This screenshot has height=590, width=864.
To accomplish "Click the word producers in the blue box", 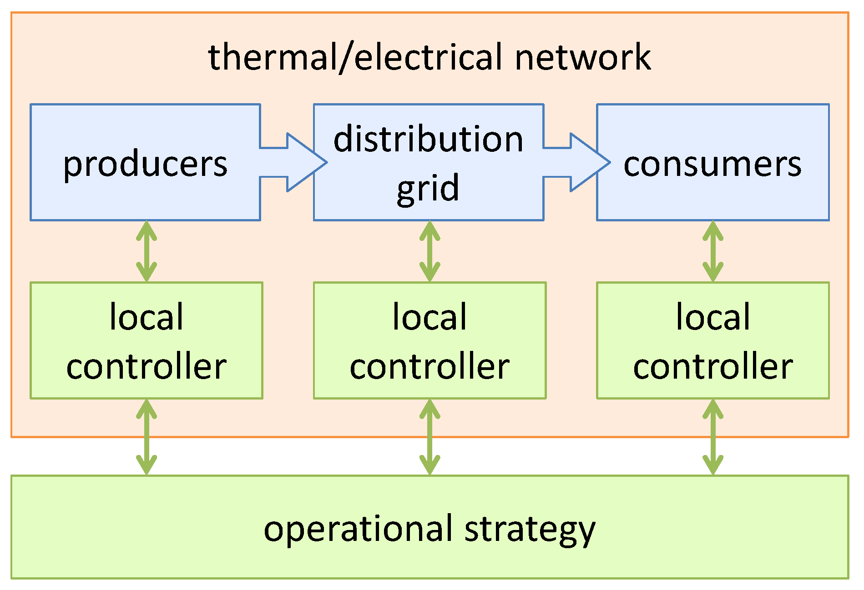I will coord(145,164).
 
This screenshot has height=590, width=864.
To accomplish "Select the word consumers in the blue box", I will coord(712,164).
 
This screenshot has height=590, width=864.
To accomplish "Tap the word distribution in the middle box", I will coord(428,139).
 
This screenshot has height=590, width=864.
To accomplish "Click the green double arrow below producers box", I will coord(147,251).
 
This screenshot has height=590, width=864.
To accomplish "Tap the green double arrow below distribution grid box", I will coord(429,251).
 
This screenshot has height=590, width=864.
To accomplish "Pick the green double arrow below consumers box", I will coord(712,251).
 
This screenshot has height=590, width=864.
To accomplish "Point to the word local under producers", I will coord(147,317).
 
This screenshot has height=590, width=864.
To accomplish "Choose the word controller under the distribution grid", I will coord(429,366).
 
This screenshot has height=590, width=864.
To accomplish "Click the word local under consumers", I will coord(712,317).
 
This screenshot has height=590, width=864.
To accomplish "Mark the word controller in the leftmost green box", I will coord(147,366).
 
